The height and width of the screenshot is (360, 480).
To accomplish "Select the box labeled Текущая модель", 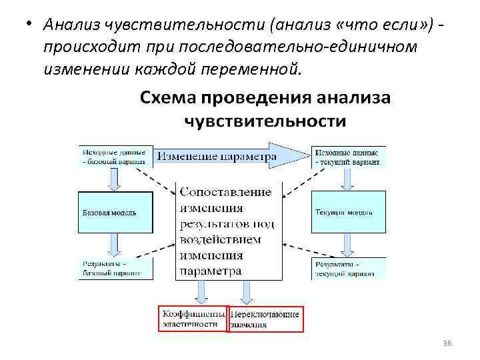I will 348,213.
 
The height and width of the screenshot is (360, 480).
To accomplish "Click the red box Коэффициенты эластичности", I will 192,319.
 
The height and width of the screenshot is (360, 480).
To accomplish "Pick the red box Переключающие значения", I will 265,319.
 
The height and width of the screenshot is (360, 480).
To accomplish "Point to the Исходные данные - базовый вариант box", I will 115,155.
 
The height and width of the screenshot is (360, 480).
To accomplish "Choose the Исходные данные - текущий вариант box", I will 348,155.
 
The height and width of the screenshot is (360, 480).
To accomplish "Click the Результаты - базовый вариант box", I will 115,268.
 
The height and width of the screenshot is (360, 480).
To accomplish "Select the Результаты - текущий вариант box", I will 348,268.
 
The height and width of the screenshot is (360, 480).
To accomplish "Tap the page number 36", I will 447,343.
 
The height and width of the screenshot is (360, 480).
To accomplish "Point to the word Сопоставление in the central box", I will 225,191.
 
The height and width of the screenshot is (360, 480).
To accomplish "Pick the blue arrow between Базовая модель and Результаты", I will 115,245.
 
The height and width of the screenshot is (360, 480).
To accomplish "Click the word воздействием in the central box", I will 220,239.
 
